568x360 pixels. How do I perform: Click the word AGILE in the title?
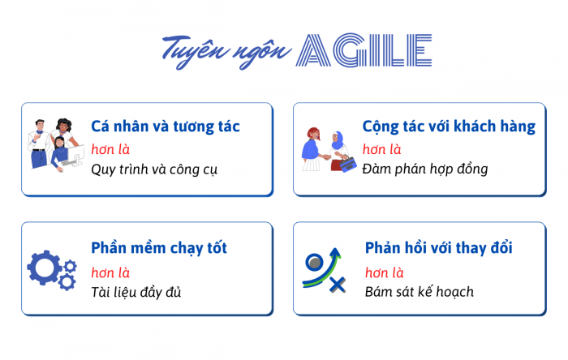click(x=364, y=50)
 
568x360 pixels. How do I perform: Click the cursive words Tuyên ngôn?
click(x=226, y=51)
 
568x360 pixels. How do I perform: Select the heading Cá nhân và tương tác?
click(x=166, y=126)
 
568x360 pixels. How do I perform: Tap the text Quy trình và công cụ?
click(x=154, y=169)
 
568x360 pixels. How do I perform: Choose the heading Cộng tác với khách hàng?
click(x=449, y=126)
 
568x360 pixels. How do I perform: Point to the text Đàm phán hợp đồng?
click(x=425, y=169)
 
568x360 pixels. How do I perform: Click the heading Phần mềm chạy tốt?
click(x=159, y=248)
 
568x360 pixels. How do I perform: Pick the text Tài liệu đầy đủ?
click(x=136, y=292)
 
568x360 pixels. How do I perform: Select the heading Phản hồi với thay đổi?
click(x=438, y=248)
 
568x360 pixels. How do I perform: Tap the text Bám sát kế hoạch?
click(x=420, y=292)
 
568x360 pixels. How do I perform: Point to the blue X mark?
click(x=338, y=285)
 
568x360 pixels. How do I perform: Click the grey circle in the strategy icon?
click(x=315, y=262)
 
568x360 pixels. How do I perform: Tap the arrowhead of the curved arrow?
click(x=336, y=252)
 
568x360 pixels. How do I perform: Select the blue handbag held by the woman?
click(x=348, y=164)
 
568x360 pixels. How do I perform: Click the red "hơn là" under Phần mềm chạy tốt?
click(x=110, y=272)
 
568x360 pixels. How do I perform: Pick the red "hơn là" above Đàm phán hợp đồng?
click(x=382, y=149)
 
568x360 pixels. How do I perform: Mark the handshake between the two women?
click(x=326, y=157)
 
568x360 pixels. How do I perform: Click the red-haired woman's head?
click(x=314, y=134)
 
